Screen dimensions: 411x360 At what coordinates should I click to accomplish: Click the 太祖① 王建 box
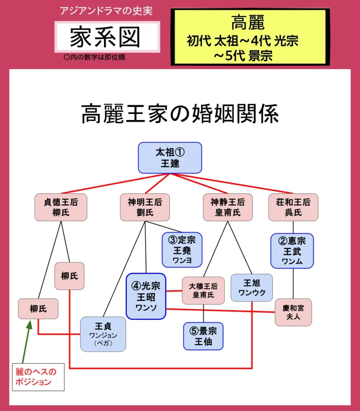click(x=170, y=158)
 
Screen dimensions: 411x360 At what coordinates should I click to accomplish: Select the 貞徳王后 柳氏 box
click(x=61, y=207)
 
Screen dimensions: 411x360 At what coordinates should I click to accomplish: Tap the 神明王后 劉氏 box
click(x=144, y=207)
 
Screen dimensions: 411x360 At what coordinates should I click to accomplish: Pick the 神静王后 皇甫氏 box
click(x=228, y=207)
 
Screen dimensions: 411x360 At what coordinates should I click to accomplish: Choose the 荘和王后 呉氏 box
click(x=293, y=207)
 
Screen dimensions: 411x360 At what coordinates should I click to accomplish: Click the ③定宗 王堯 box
click(x=182, y=250)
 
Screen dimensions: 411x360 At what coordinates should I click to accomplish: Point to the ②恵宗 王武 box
click(x=292, y=251)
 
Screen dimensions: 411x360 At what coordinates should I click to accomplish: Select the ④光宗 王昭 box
click(x=146, y=296)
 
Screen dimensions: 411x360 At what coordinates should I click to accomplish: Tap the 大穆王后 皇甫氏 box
click(x=203, y=291)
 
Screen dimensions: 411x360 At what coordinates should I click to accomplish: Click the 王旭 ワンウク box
click(x=252, y=287)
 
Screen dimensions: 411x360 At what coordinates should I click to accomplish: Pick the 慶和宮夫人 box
click(x=293, y=312)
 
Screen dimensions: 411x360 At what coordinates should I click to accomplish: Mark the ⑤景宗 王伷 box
click(x=203, y=336)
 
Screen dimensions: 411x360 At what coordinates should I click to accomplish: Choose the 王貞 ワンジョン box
click(x=103, y=334)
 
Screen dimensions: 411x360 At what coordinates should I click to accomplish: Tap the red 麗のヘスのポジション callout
click(x=37, y=376)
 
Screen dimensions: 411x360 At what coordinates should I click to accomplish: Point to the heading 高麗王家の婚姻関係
click(x=180, y=114)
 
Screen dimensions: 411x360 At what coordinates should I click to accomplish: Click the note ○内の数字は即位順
click(x=95, y=57)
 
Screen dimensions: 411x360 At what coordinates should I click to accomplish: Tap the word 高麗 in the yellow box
click(x=248, y=23)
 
